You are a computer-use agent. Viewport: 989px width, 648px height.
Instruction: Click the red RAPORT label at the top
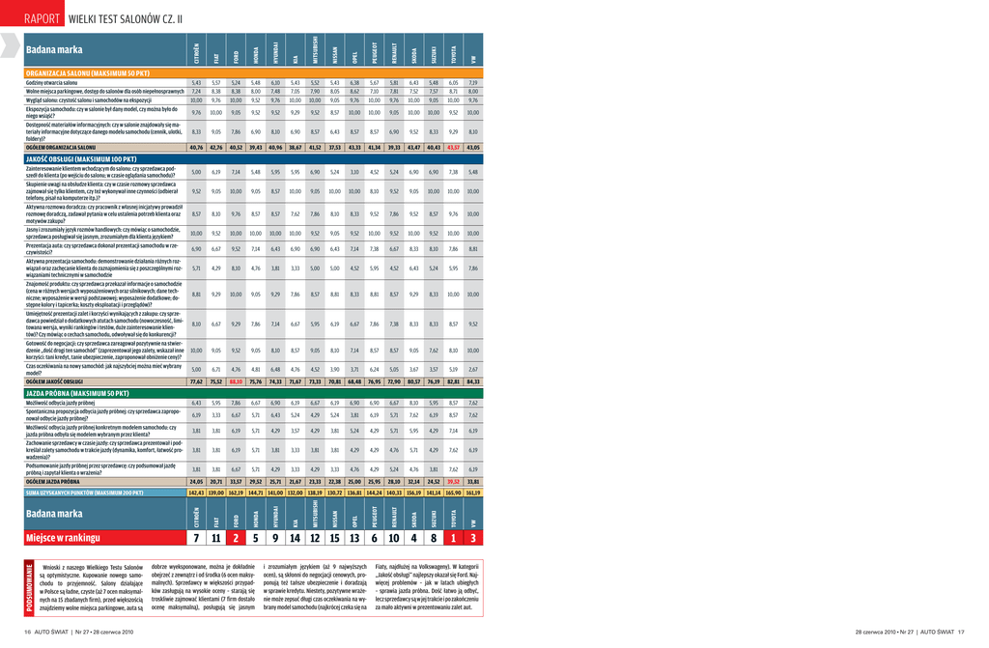[44, 18]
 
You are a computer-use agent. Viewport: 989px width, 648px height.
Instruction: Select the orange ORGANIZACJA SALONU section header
[87, 73]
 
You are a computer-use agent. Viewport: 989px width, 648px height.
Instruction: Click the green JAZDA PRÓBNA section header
[76, 394]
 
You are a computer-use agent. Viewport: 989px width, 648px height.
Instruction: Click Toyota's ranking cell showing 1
[453, 538]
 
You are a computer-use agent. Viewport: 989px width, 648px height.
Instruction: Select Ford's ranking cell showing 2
[235, 538]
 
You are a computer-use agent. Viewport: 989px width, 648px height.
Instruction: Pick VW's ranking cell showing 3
[473, 538]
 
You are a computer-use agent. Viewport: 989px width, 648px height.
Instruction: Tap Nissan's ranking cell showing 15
[334, 538]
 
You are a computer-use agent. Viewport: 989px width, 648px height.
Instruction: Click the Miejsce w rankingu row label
[63, 538]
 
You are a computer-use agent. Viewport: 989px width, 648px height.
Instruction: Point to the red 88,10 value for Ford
[235, 382]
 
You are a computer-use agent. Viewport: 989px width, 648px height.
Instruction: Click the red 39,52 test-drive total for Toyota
[453, 481]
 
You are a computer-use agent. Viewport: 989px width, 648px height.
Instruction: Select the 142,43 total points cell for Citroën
[196, 493]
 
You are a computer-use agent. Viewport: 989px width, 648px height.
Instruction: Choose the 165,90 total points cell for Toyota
[453, 493]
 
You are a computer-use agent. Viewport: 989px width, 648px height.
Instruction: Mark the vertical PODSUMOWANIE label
[30, 586]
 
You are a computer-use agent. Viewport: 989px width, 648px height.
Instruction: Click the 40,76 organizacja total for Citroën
[196, 148]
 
